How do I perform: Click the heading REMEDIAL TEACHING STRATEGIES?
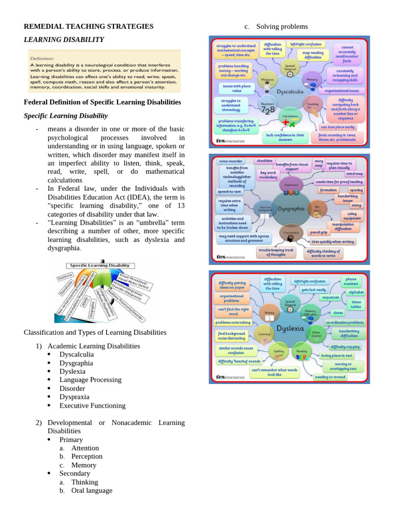(x=89, y=26)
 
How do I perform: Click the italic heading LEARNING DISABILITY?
(x=64, y=39)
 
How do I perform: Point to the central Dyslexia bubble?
(x=290, y=327)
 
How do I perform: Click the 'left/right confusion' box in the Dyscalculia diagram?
(x=305, y=45)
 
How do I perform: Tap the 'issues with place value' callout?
(x=235, y=88)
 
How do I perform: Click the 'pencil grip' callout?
(x=318, y=232)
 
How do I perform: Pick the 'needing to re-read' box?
(x=330, y=377)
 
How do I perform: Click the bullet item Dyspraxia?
(x=74, y=397)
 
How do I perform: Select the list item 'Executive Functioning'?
(x=92, y=406)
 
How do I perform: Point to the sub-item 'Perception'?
(x=87, y=456)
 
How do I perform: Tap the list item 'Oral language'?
(x=91, y=491)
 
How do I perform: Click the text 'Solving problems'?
(x=282, y=26)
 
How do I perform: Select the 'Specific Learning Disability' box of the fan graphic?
(x=100, y=266)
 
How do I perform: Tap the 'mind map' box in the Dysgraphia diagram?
(x=354, y=174)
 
